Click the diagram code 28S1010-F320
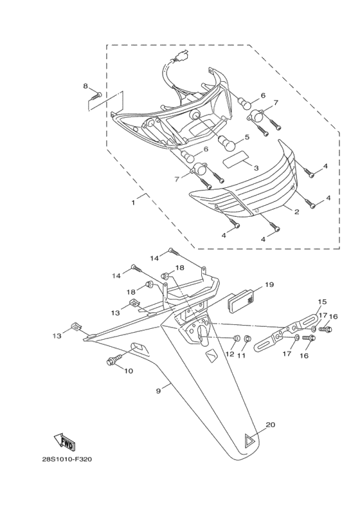[67, 459]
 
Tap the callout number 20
[271, 425]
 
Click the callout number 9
[158, 391]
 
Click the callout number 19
[269, 284]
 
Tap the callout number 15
[322, 302]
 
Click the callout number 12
[230, 354]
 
